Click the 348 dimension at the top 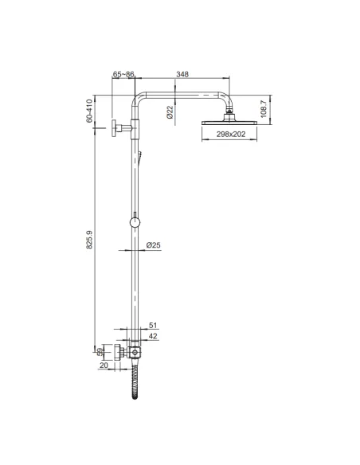(182, 74)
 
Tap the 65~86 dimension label (124, 74)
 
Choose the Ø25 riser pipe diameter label (155, 245)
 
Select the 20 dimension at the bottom (104, 365)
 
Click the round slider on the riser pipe (135, 223)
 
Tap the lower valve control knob (119, 351)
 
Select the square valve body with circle (135, 351)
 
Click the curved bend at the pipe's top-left (138, 100)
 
